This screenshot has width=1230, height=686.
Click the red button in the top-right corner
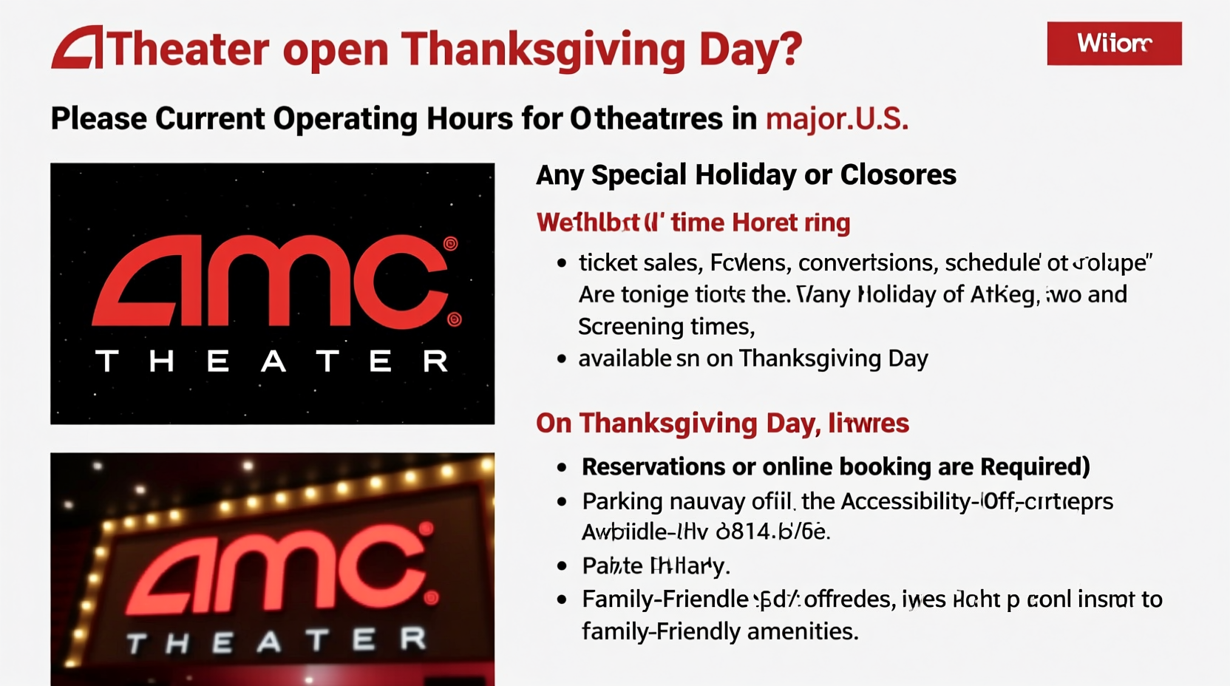click(x=1114, y=44)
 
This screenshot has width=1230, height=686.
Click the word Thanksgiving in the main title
click(x=543, y=50)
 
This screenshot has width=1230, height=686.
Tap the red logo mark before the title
click(x=78, y=48)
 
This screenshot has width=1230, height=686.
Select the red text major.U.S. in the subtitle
click(x=837, y=119)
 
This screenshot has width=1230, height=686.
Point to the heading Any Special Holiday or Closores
click(x=746, y=175)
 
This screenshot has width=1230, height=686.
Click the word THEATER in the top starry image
click(x=272, y=361)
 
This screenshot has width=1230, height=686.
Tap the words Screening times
click(x=665, y=327)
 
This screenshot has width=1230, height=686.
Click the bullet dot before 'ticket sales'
click(x=563, y=262)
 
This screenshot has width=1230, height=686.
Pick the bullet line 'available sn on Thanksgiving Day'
click(x=752, y=359)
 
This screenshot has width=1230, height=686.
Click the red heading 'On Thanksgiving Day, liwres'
click(x=722, y=424)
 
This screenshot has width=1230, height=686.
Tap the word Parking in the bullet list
click(x=622, y=502)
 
